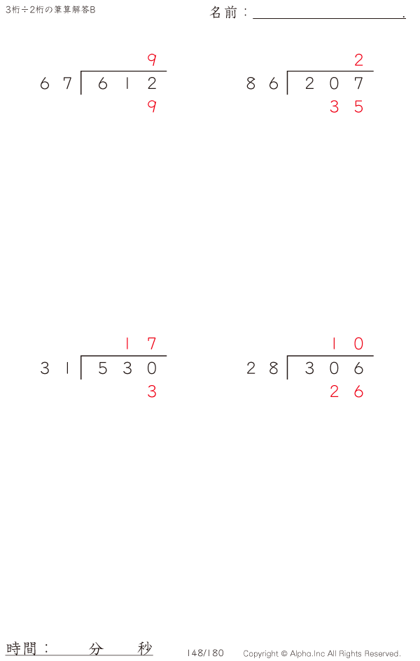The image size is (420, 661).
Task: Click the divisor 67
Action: (x=56, y=83)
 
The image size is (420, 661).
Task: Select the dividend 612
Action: (x=127, y=83)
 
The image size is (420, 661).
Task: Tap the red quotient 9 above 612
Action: (x=152, y=60)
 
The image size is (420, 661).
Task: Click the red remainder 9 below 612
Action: (x=152, y=106)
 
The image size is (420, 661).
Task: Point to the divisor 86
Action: (x=262, y=83)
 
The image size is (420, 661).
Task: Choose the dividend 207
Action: (x=334, y=83)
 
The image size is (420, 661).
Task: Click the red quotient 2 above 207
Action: (x=358, y=60)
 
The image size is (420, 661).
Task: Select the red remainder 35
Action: (x=346, y=106)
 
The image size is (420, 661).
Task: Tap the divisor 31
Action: (x=55, y=368)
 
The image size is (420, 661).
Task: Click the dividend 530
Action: (x=127, y=368)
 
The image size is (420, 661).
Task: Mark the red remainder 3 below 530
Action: (x=152, y=391)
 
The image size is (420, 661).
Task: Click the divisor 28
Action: (x=262, y=368)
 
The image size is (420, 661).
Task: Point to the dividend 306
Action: (x=334, y=368)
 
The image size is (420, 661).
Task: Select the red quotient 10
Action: (x=347, y=344)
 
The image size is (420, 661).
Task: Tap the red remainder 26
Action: (x=346, y=391)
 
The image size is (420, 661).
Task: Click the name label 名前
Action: (x=224, y=12)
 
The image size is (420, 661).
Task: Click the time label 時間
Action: (x=21, y=648)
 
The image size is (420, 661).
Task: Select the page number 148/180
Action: (x=205, y=653)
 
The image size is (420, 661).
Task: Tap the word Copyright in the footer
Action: (x=260, y=654)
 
